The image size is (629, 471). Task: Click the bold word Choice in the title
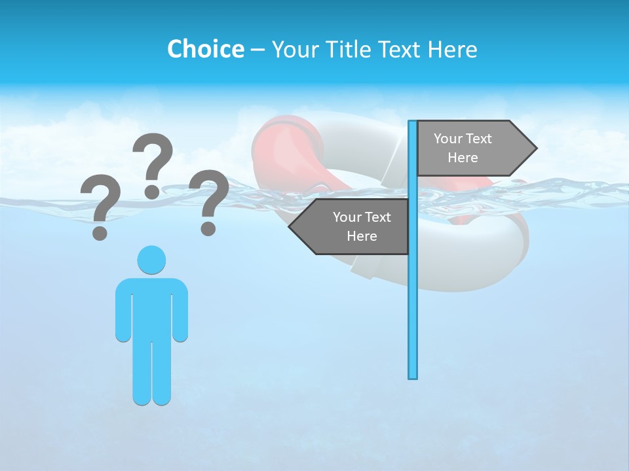[x=205, y=49]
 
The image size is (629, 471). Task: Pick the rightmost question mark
[x=208, y=200]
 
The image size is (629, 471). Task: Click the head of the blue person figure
[x=151, y=260]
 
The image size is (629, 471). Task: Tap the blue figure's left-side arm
[x=123, y=311]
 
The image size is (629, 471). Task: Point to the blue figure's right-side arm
[x=180, y=311]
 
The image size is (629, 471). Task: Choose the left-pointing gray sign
[x=354, y=227]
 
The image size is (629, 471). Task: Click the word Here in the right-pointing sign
[x=463, y=158]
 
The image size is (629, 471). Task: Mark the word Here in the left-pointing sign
[x=361, y=236]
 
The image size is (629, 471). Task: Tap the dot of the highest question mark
[x=152, y=191]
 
